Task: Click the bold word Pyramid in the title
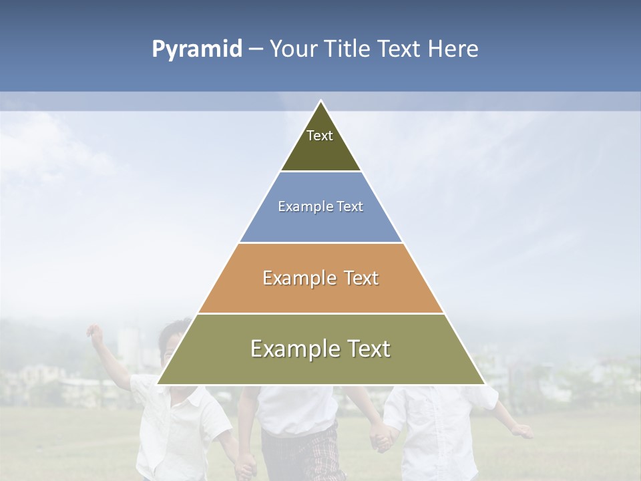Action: (197, 49)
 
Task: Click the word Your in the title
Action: (293, 49)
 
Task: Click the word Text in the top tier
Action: (320, 136)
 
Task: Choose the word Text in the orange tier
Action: (361, 278)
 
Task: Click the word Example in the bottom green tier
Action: (292, 349)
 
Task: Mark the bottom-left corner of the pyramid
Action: (158, 384)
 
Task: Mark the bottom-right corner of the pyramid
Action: (484, 384)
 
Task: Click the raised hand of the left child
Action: (94, 332)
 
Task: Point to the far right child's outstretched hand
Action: (523, 432)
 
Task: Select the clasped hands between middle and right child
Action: (381, 437)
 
